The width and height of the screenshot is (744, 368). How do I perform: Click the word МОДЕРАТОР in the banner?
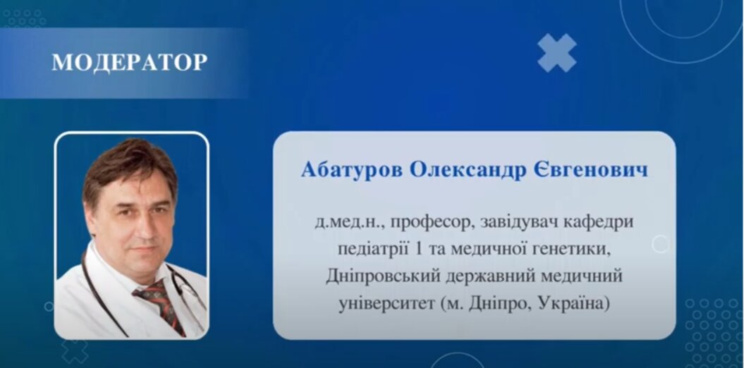[130, 62]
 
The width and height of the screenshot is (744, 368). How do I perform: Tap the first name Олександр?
[468, 169]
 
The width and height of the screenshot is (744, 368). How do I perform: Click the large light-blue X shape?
[557, 53]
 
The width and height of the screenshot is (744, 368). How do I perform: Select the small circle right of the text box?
[660, 244]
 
